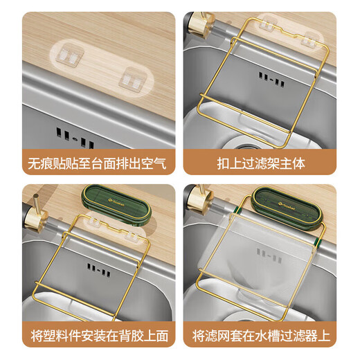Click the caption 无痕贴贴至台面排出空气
point(97,163)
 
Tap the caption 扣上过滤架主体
point(261,163)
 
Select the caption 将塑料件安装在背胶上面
point(100,336)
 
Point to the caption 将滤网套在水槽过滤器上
point(261,336)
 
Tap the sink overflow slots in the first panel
point(75,138)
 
